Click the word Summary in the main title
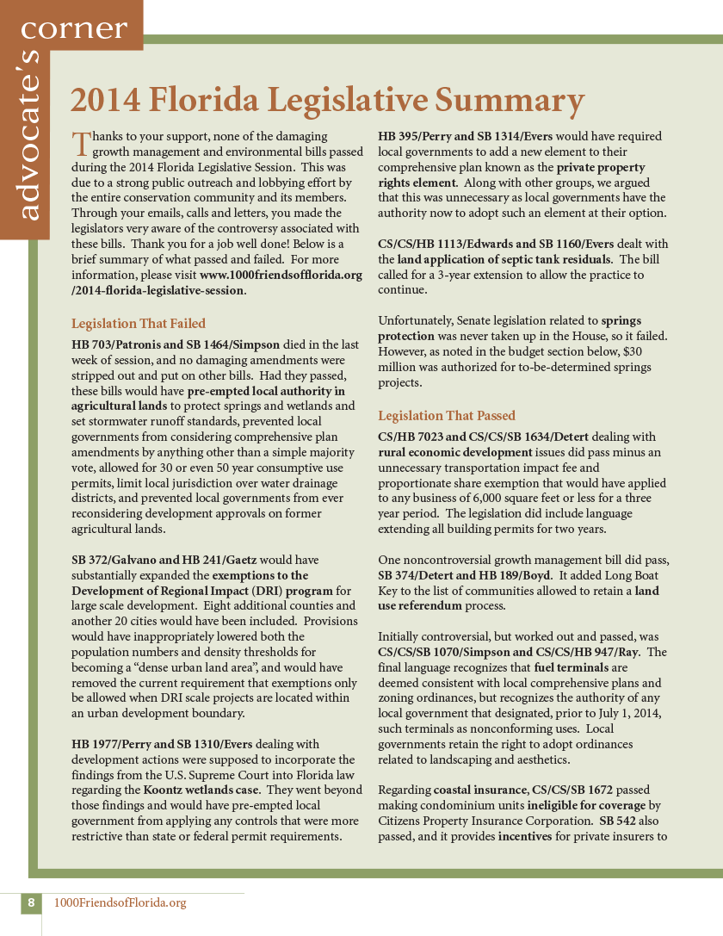510,100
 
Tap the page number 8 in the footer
31,902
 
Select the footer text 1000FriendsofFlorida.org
120,902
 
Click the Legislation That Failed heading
139,324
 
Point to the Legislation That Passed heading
447,415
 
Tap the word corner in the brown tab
73,28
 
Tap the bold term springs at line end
633,320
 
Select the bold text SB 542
619,820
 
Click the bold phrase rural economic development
454,452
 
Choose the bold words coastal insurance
480,790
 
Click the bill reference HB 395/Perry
419,136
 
